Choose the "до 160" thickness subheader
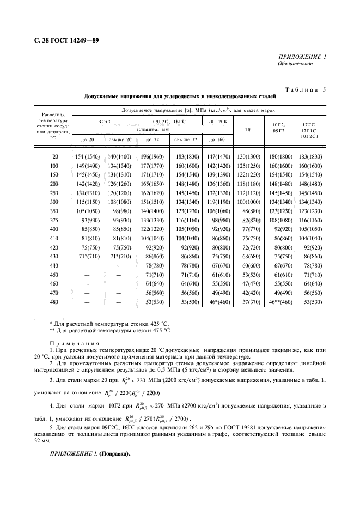click(x=217, y=140)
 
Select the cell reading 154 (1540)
click(x=88, y=157)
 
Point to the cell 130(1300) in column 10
click(x=248, y=157)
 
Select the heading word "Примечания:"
click(x=75, y=344)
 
